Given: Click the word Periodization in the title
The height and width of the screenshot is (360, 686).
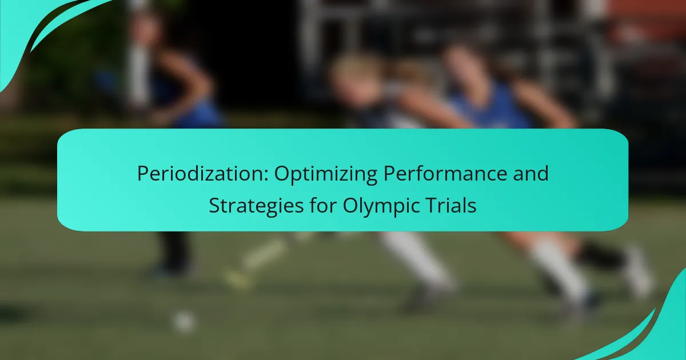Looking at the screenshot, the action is pyautogui.click(x=203, y=174).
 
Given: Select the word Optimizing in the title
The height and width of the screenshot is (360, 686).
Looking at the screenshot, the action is pyautogui.click(x=325, y=174).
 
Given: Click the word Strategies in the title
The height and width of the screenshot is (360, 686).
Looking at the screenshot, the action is pyautogui.click(x=256, y=206).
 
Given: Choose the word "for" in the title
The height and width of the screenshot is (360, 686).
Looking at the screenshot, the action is pyautogui.click(x=323, y=205).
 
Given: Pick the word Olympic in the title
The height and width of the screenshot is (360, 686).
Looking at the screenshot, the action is pyautogui.click(x=384, y=206).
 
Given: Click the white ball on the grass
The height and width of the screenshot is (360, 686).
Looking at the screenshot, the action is pyautogui.click(x=184, y=322).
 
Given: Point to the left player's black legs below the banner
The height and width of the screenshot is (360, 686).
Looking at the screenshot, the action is pyautogui.click(x=175, y=250).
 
